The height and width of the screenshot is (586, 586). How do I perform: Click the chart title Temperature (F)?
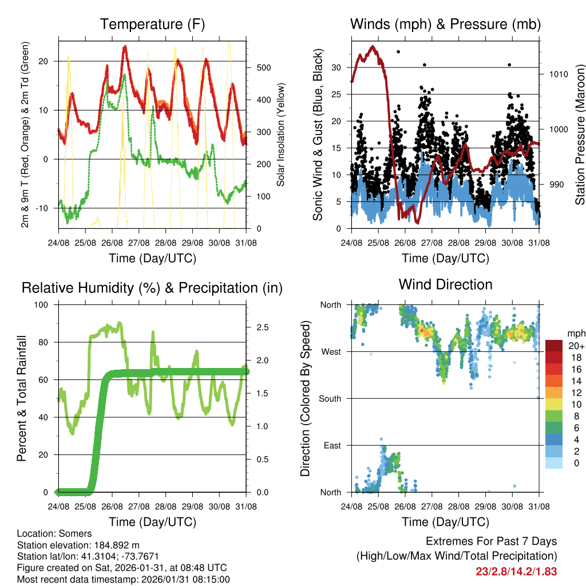tap(152, 25)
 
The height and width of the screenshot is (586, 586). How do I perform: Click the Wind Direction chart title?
tap(445, 284)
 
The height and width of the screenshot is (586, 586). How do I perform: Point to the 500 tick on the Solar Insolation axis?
tap(263, 68)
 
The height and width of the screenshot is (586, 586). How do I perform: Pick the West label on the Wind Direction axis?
tap(331, 352)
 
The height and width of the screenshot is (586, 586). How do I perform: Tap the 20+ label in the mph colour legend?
tap(576, 346)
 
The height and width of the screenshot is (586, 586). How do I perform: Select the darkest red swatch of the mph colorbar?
tap(554, 346)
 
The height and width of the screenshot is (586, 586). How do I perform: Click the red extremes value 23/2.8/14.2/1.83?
tap(516, 571)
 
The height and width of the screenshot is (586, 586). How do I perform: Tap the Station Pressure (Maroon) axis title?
tap(580, 134)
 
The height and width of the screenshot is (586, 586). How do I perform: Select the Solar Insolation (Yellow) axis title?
tap(281, 134)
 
